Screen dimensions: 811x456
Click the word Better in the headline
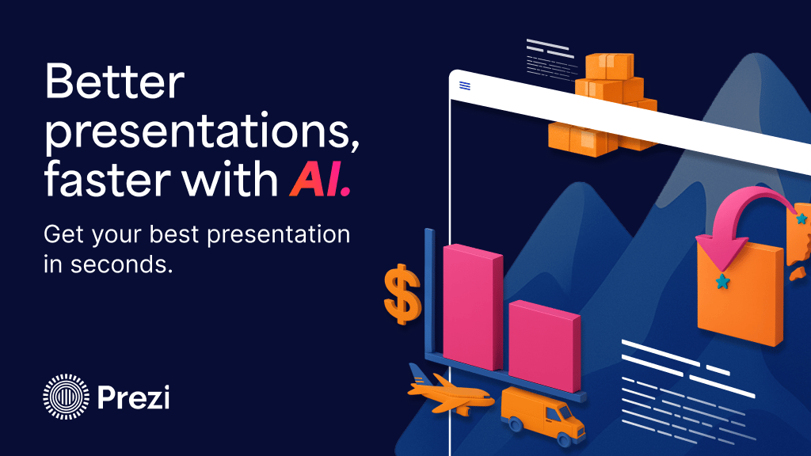coord(114,82)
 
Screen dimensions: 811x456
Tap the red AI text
coord(320,179)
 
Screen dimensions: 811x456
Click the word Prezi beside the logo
coord(133,397)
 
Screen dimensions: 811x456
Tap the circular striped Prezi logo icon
coord(66,397)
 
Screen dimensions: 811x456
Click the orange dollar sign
coord(402,294)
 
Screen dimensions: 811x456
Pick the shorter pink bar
coord(544,346)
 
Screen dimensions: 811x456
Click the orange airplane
coord(448,390)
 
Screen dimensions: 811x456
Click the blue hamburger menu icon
coord(464,85)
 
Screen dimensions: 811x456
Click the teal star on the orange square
coord(722,282)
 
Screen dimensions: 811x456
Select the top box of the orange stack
coord(609,66)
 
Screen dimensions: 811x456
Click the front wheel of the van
coord(563,439)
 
